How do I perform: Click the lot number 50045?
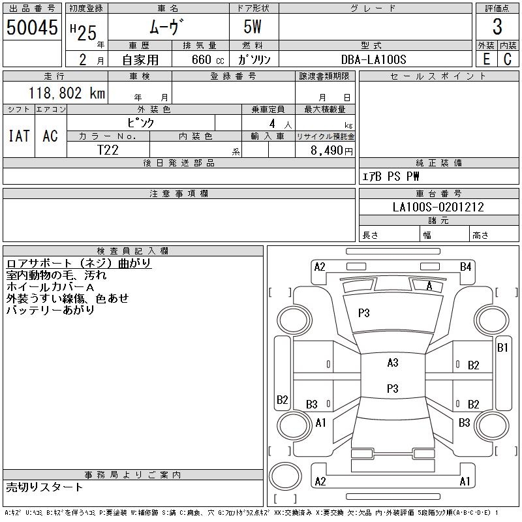(31, 27)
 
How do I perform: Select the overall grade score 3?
(497, 27)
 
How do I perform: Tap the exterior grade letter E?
(486, 59)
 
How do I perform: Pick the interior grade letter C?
(508, 59)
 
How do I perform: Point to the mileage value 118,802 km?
(66, 93)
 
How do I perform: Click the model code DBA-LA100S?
(374, 59)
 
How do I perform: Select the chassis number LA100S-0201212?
(438, 207)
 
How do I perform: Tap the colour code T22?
(108, 149)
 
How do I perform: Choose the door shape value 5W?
(253, 27)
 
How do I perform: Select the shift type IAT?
(19, 136)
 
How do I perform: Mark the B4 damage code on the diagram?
(465, 266)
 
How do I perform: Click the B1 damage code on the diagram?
(502, 348)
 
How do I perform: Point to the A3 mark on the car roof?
(392, 363)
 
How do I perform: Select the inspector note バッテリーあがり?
(50, 310)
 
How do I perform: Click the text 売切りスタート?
(44, 487)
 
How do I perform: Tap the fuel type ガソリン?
(254, 59)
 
